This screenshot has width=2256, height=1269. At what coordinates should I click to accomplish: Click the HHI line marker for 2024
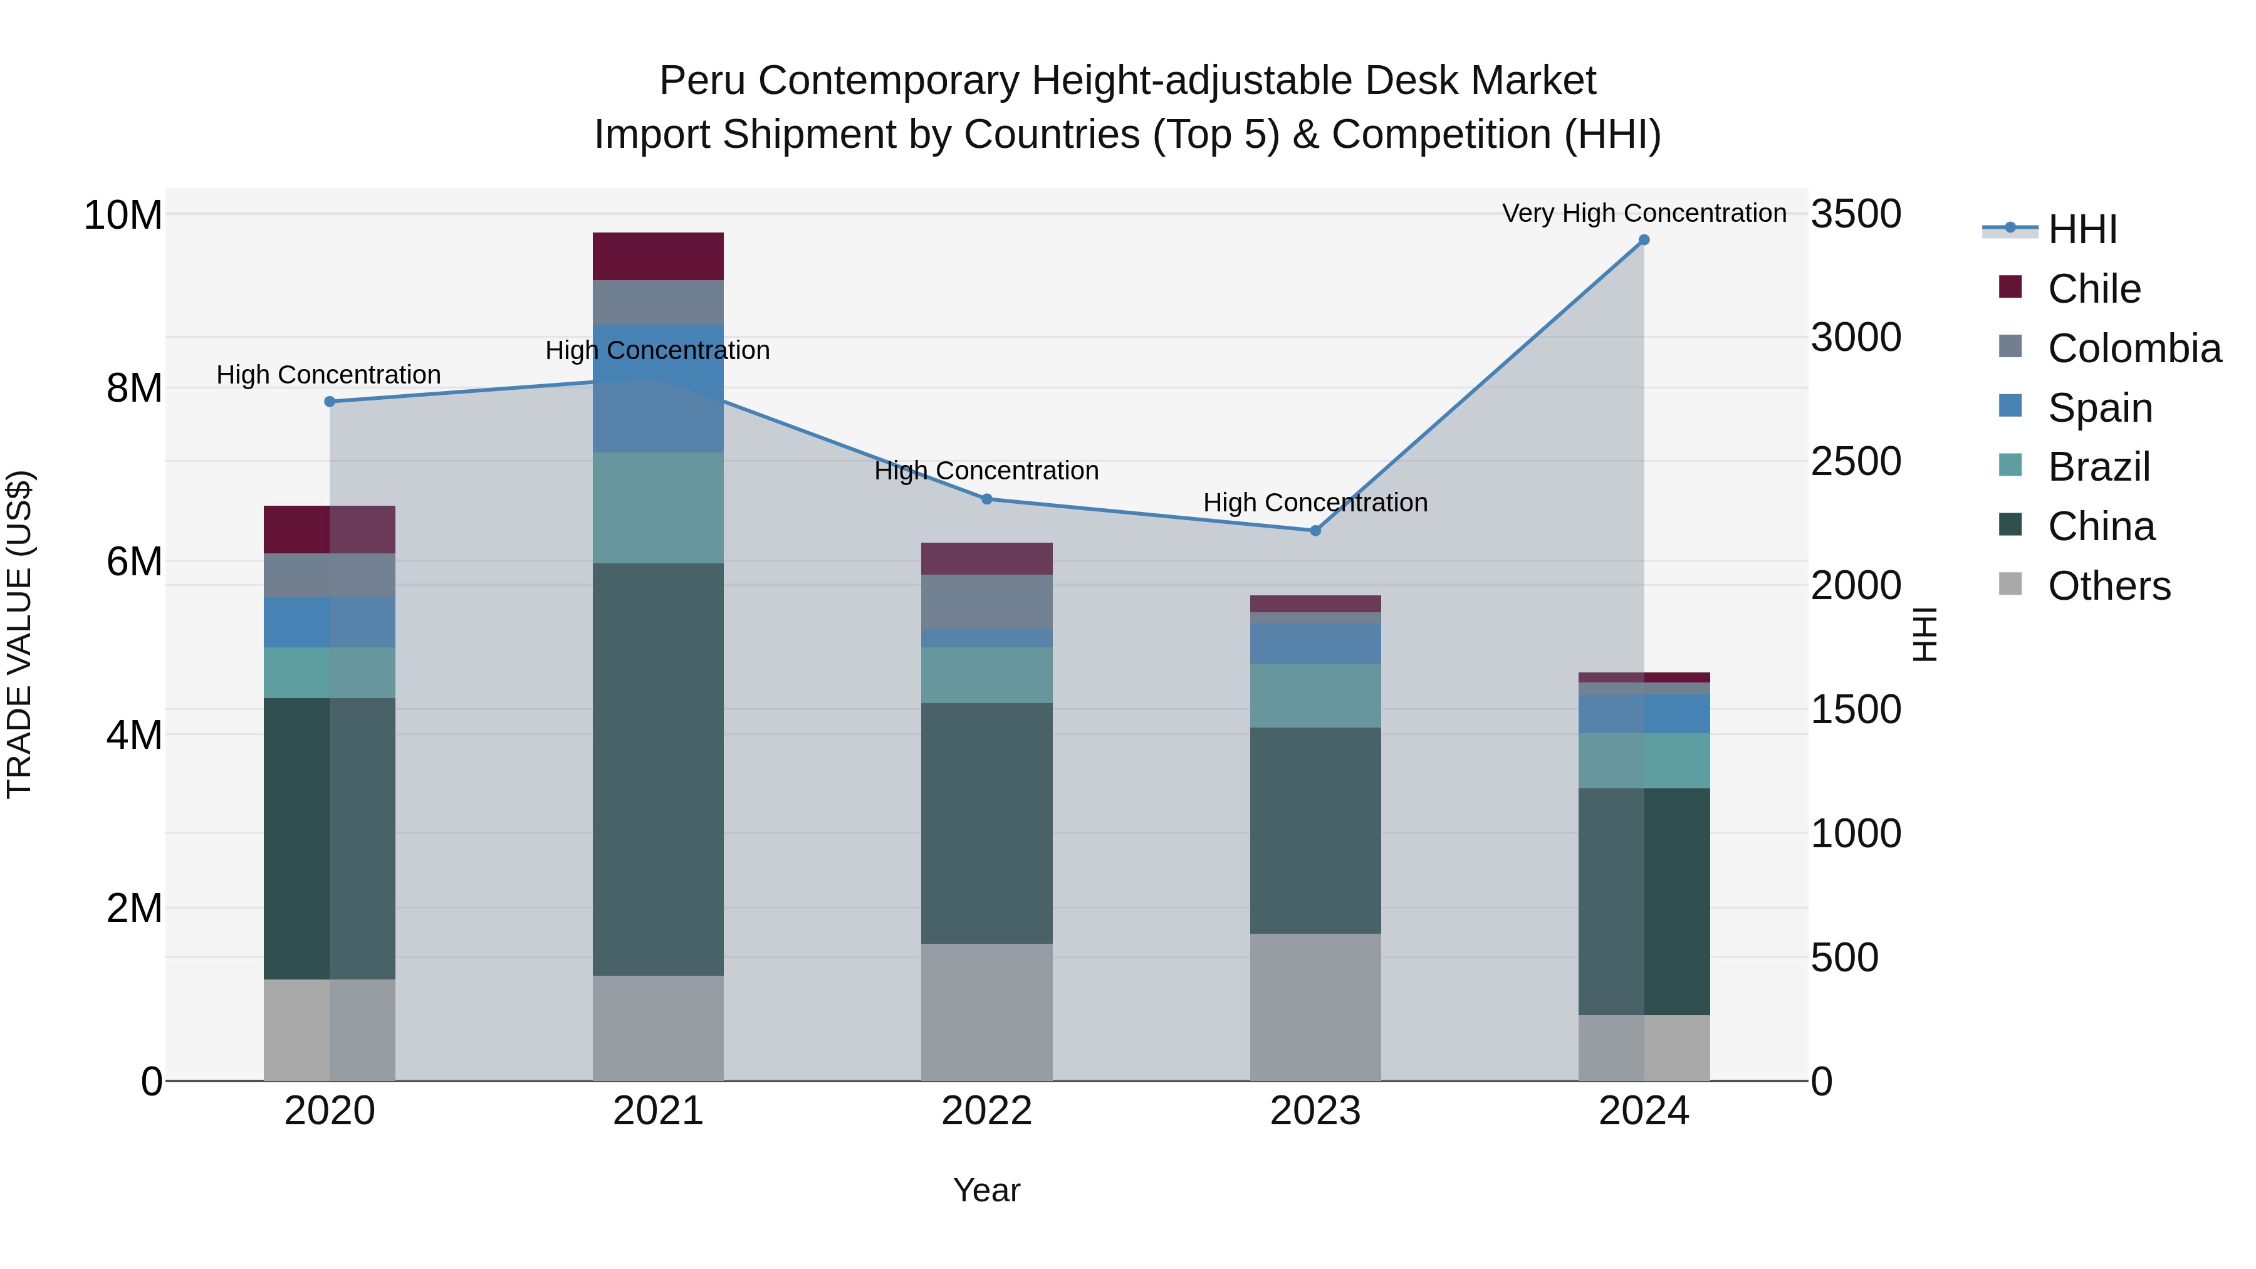(x=1644, y=240)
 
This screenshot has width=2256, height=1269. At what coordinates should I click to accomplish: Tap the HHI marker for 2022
(x=987, y=499)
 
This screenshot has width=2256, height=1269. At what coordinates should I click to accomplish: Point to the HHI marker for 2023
(x=1315, y=531)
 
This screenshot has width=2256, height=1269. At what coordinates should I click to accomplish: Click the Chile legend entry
(x=2094, y=289)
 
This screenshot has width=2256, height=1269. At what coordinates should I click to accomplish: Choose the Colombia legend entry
(x=2133, y=348)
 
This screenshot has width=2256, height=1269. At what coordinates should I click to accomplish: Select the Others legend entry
(x=2109, y=586)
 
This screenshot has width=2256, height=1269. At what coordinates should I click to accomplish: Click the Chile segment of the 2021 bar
(x=658, y=256)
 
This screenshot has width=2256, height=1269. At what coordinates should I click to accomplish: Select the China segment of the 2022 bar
(x=987, y=823)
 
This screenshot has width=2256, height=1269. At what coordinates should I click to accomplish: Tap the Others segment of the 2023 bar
(x=1315, y=1007)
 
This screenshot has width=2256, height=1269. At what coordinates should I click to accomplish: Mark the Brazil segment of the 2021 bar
(x=658, y=508)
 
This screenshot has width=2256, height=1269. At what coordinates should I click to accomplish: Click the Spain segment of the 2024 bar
(x=1644, y=714)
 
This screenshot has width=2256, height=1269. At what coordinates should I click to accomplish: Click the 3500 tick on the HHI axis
(x=1856, y=214)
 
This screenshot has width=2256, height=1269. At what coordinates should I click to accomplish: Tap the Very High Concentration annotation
(x=1644, y=213)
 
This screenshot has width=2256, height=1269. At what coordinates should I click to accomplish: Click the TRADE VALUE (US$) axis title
(x=19, y=634)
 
